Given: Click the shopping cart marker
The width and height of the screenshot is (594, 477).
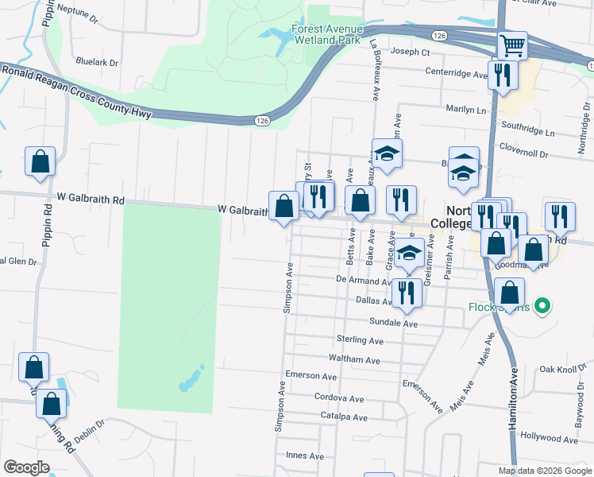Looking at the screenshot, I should point(513,45).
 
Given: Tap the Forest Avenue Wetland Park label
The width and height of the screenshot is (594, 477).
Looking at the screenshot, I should point(326,33).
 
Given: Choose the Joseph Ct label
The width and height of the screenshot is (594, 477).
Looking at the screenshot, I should point(411,52).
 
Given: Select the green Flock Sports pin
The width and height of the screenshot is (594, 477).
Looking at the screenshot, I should point(542,305).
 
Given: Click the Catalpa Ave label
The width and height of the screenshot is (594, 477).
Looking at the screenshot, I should point(344,417).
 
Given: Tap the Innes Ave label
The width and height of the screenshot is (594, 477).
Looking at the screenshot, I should point(305,456).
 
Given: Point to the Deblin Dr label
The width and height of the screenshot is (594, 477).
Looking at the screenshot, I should point(90,424).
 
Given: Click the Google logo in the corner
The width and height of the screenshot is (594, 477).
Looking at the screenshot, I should point(26,467).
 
